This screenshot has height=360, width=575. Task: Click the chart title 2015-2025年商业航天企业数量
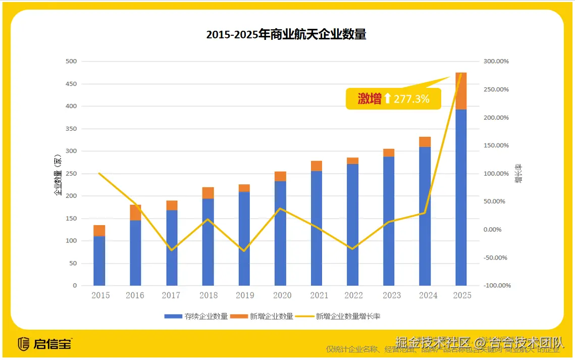coord(286,34)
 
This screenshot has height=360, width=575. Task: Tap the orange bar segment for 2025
coord(461,91)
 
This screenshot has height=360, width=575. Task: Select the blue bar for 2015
coord(99,261)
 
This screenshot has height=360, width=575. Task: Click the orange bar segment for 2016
coord(135,213)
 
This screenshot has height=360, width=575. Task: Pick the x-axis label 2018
coord(208,295)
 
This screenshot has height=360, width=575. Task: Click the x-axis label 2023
coord(389,295)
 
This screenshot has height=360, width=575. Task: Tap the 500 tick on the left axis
coord(71,62)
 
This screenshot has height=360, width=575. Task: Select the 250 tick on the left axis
coord(71,174)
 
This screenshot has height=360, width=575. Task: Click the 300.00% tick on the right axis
coord(496,62)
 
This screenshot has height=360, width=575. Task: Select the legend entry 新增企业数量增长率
coord(348,317)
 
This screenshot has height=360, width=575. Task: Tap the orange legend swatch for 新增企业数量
coord(239,317)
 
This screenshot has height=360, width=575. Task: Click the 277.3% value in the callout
coord(411,99)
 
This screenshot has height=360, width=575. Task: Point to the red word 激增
coord(370,99)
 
